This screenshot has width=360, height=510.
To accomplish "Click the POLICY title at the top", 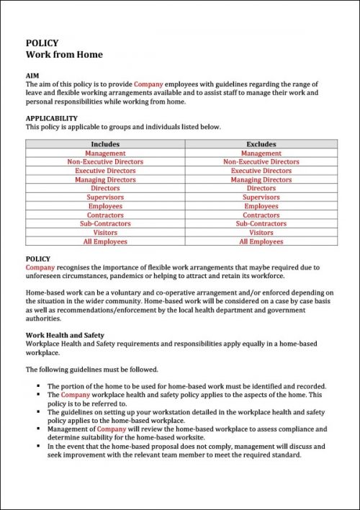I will [42, 43].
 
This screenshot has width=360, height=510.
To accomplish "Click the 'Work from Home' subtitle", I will [64, 55].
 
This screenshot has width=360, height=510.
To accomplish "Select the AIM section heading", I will [32, 76].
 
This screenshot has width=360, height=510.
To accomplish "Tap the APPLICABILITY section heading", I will [51, 118].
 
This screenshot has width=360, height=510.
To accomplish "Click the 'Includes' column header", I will [105, 144].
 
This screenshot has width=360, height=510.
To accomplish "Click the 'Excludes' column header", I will [261, 144].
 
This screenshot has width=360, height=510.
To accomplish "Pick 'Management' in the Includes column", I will [105, 153].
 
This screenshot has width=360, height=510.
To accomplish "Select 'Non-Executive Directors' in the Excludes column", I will [261, 162].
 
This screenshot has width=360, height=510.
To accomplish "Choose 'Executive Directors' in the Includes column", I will [105, 171].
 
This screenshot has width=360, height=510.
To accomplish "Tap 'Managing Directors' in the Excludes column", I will [261, 180].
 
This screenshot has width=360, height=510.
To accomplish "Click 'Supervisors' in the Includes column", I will [105, 197].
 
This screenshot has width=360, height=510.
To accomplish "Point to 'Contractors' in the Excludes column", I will [261, 215].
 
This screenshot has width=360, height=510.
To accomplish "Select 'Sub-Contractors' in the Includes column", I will [105, 224].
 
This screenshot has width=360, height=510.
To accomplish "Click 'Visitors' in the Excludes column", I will [261, 233].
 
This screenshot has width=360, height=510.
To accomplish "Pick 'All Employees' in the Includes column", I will [105, 242].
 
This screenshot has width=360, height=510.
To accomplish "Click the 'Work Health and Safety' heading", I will [65, 335].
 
